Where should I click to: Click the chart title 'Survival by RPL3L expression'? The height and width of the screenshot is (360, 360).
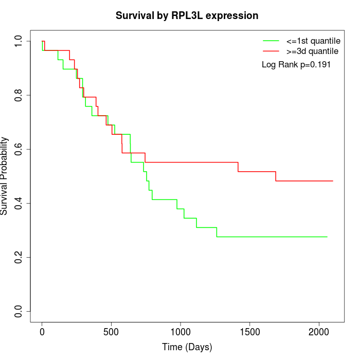point(187,15)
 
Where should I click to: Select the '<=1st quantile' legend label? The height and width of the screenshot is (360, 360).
point(313,40)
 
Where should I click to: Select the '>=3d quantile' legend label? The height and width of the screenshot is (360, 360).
point(312,51)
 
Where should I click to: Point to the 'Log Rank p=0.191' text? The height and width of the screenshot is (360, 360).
point(296,65)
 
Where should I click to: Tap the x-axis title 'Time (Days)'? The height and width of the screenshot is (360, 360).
point(187,347)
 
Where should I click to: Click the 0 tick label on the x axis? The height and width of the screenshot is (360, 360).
point(42,332)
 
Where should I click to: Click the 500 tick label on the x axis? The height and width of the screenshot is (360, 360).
point(111,332)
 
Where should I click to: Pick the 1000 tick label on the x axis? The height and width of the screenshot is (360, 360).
point(181,332)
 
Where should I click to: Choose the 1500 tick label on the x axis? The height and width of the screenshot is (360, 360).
point(249,332)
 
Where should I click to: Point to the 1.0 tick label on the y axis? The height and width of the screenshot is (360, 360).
point(19,41)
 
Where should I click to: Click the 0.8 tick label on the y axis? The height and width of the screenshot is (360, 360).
point(19,95)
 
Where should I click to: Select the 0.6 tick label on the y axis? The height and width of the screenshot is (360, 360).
point(19,149)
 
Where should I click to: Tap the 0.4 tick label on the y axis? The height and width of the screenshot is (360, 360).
point(19,203)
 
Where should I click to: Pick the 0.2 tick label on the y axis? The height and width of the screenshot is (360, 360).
point(19,257)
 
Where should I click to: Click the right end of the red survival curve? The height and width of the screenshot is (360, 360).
point(333,181)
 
